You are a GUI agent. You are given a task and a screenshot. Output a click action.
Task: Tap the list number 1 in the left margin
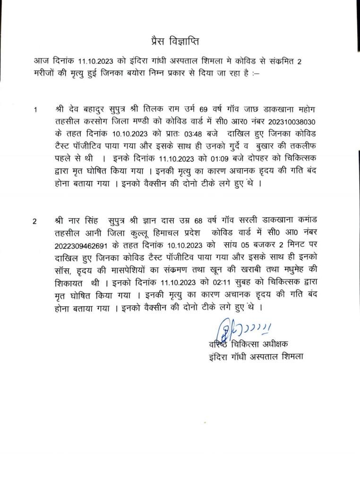(35, 110)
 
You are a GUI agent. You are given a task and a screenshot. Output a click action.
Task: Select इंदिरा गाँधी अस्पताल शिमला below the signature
(256, 355)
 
